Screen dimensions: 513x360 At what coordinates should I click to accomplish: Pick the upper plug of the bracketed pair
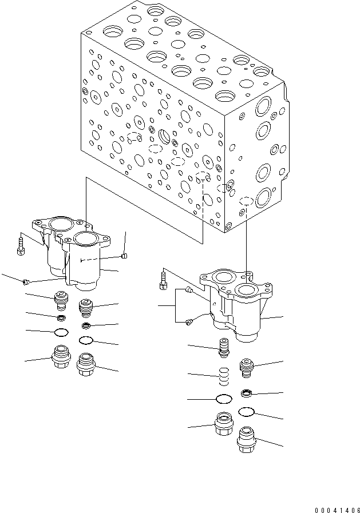[190, 291]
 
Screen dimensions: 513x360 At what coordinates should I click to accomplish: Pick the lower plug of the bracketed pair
[189, 325]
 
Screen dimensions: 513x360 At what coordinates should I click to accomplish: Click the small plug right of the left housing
[124, 256]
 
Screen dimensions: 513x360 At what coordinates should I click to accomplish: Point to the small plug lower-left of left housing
[26, 281]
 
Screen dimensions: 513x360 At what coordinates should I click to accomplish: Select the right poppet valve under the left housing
[85, 308]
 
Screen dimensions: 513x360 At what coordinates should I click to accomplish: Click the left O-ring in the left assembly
[61, 332]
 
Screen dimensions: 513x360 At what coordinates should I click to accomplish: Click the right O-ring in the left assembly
[86, 341]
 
